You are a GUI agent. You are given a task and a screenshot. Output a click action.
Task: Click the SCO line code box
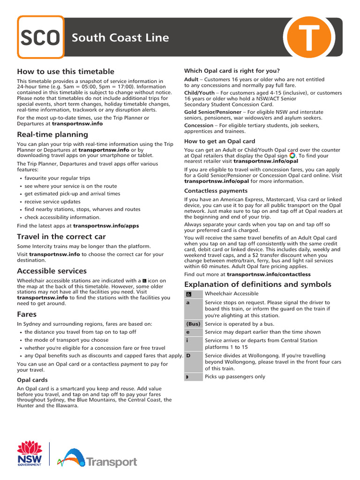(x=41, y=37)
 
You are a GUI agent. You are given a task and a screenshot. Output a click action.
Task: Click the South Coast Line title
(x=120, y=37)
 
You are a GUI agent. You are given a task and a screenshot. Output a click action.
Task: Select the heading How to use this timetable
(x=66, y=71)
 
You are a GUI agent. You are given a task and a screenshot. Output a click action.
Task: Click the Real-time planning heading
(x=52, y=135)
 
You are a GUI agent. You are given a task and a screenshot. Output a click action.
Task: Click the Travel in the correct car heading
(x=61, y=237)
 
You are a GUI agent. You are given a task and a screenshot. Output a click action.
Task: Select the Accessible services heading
(x=52, y=271)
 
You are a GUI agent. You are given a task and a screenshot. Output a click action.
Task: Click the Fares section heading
(x=27, y=314)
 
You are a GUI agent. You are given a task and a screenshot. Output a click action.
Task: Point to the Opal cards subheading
(x=32, y=380)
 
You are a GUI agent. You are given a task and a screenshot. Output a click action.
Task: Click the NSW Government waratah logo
(x=30, y=453)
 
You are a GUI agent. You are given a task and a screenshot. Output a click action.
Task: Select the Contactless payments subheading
(x=216, y=191)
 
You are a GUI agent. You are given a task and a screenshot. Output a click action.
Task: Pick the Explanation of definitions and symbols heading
(x=258, y=285)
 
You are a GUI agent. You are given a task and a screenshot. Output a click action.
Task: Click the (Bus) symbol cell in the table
(x=193, y=324)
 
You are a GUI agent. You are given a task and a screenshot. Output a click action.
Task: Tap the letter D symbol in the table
(x=188, y=356)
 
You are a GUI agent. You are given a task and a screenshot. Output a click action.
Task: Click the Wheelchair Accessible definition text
(x=232, y=294)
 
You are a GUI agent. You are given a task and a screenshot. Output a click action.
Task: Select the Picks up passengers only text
(x=235, y=376)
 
